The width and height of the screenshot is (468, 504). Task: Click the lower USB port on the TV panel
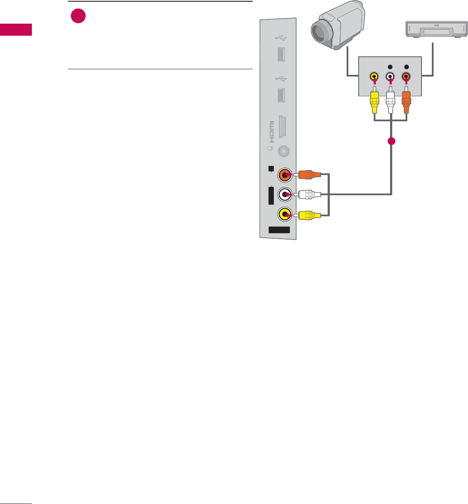280,95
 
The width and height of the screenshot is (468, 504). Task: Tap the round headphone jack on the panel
283,151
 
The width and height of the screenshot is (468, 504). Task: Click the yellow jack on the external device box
374,77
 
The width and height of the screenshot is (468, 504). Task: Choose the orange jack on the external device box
406,77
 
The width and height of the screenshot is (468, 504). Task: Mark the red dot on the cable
391,141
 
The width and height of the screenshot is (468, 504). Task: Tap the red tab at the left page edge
16,30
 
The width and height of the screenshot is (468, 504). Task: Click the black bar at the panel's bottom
279,230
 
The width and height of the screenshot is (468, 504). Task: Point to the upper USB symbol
279,37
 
